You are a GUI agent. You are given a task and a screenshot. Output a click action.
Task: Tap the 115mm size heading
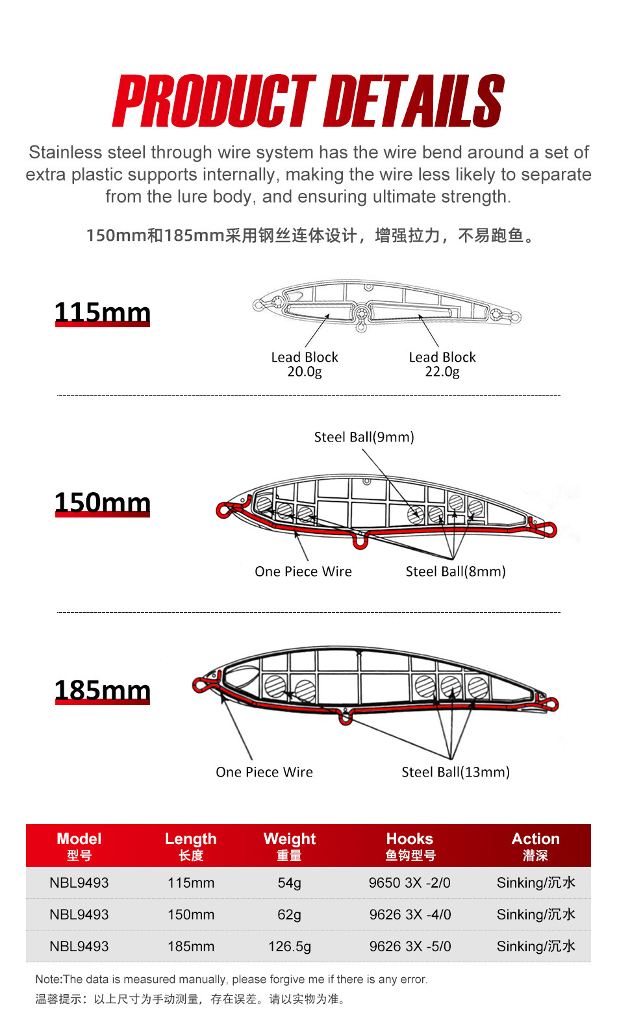click(x=102, y=312)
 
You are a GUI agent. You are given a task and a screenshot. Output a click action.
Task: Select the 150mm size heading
click(x=102, y=503)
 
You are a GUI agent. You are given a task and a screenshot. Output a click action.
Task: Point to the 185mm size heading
click(x=102, y=690)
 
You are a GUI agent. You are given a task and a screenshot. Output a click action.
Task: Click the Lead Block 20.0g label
click(x=305, y=364)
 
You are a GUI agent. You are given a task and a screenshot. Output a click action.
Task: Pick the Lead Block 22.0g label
click(x=442, y=364)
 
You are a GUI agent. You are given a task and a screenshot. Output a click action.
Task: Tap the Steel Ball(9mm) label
click(x=364, y=437)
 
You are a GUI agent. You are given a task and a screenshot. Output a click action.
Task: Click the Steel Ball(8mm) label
click(x=455, y=571)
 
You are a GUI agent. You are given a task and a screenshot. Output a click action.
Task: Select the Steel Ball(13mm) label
click(x=455, y=772)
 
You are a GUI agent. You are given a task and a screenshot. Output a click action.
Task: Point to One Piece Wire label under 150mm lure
click(x=303, y=571)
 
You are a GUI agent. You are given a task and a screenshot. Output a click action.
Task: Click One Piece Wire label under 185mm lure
click(x=264, y=772)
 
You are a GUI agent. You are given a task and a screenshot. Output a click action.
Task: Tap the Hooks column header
click(x=410, y=845)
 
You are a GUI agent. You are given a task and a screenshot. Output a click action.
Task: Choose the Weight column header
click(x=290, y=845)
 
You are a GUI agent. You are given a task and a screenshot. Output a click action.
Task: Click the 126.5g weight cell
click(x=290, y=947)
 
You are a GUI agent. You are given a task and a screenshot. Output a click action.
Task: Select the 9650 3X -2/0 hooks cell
click(x=410, y=883)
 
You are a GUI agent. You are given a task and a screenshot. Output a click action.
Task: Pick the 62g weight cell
click(x=290, y=915)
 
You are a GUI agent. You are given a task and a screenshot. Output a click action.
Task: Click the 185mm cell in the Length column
click(x=191, y=947)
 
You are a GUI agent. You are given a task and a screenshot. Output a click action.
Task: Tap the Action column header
click(x=536, y=845)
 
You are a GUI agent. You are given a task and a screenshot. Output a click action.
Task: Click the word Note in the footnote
click(x=48, y=979)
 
